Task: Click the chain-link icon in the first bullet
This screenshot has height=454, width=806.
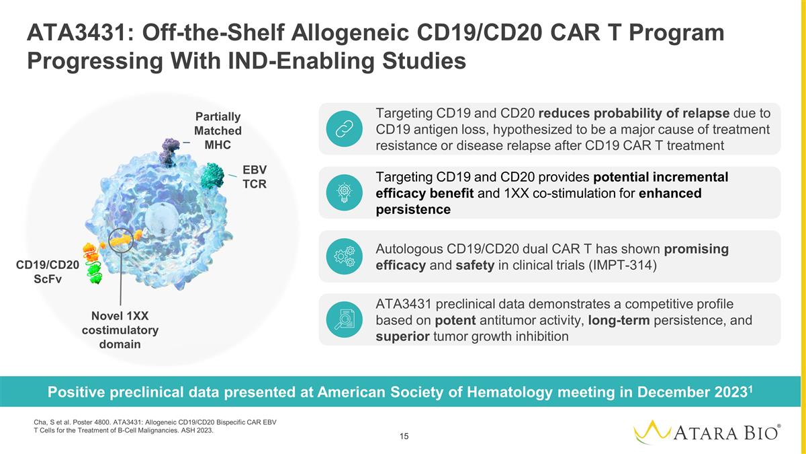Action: point(345,128)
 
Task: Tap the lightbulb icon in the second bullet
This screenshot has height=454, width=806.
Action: point(345,193)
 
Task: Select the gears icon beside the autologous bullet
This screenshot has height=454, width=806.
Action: point(345,256)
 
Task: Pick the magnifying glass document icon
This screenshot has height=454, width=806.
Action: point(345,319)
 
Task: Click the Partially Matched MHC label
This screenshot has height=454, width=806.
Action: point(218,130)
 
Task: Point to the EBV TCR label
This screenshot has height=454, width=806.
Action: point(255,176)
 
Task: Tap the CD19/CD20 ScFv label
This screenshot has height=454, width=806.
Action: point(48,272)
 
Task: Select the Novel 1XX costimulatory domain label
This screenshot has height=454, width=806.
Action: point(120,330)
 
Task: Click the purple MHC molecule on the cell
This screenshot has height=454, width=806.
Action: point(169,152)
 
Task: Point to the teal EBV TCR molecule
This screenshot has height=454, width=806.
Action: point(212,176)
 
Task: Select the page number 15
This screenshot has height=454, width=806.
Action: point(404,437)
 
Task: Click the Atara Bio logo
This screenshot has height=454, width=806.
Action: point(707,432)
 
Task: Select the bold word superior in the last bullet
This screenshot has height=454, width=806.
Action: point(402,336)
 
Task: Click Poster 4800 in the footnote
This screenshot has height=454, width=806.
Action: point(91,422)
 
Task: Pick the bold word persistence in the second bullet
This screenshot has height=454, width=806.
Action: point(413,209)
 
